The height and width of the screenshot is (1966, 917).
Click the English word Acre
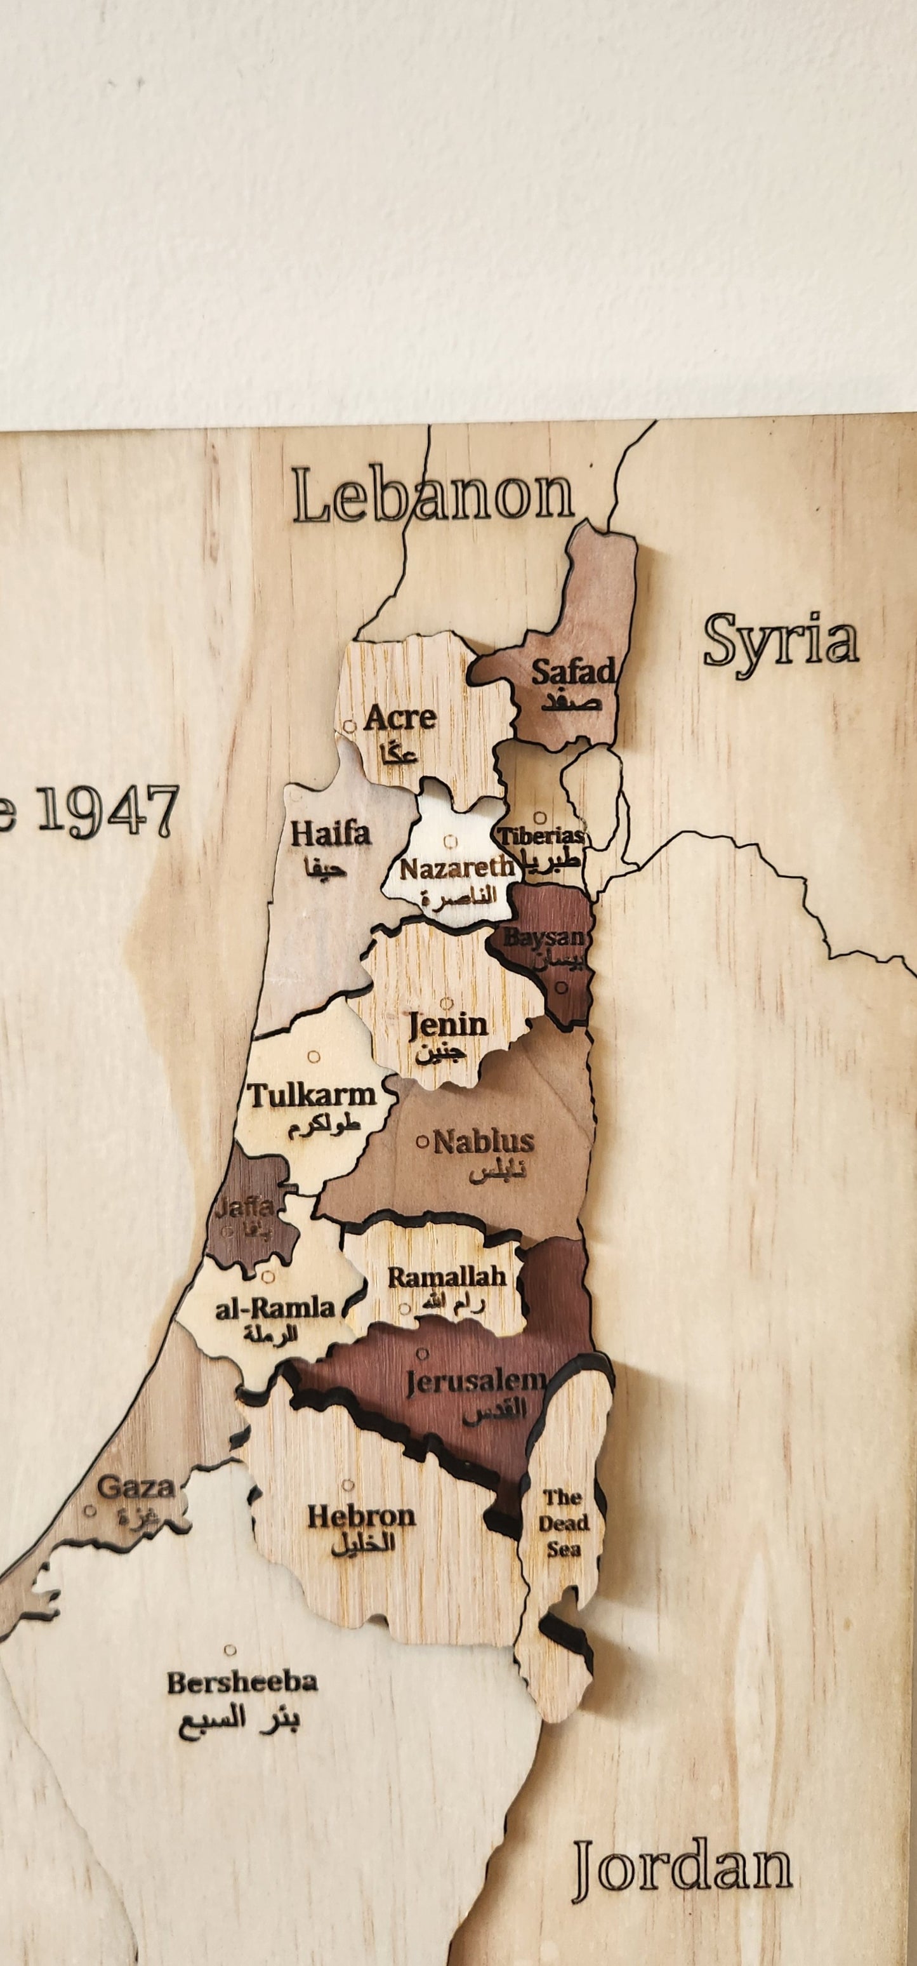[x=400, y=717]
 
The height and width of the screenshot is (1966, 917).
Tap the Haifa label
[x=331, y=834]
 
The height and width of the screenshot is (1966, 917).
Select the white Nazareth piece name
[x=456, y=868]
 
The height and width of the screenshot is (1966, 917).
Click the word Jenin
[x=448, y=1024]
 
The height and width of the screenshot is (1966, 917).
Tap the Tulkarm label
[x=313, y=1096]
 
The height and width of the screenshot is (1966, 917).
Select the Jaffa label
[x=244, y=1207]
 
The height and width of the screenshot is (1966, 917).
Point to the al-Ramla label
[x=275, y=1309]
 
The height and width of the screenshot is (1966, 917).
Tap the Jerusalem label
[x=475, y=1381]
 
